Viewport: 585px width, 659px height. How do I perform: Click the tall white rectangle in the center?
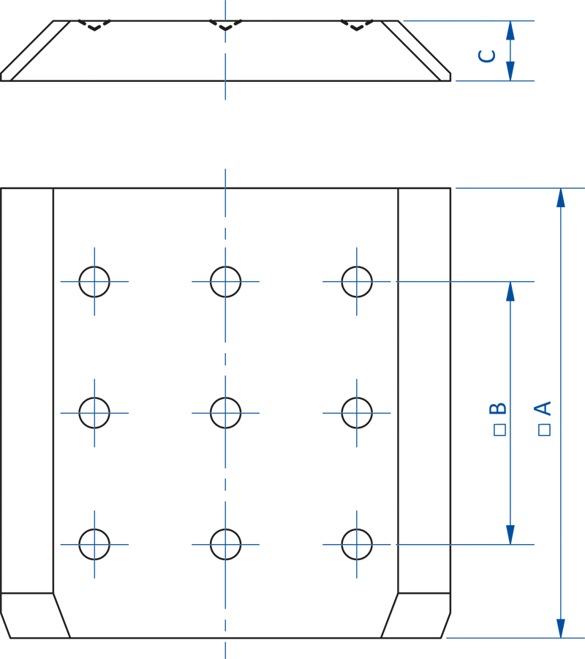(x=291, y=390)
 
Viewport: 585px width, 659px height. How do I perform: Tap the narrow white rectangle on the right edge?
(x=573, y=390)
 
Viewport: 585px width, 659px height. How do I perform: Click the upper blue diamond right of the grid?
(x=425, y=281)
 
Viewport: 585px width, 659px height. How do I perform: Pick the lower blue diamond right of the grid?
(x=425, y=544)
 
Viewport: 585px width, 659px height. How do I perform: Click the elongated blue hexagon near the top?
(x=225, y=134)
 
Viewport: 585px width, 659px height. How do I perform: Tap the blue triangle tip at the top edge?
(x=225, y=7)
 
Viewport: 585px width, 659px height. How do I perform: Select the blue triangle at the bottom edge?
(x=225, y=650)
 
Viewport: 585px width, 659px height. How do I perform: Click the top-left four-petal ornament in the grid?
(x=94, y=282)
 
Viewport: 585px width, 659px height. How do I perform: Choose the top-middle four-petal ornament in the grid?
(x=226, y=282)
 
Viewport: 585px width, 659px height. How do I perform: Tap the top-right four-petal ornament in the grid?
(x=357, y=282)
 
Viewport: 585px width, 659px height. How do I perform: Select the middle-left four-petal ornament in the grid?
(x=94, y=413)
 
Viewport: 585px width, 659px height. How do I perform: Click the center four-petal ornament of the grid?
(x=226, y=413)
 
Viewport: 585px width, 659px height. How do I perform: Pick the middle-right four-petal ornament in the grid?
(x=357, y=413)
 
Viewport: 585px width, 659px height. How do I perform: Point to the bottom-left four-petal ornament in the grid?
(x=94, y=545)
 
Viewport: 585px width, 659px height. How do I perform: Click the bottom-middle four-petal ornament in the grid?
(x=226, y=545)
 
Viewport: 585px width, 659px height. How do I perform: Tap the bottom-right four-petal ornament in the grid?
(x=357, y=545)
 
